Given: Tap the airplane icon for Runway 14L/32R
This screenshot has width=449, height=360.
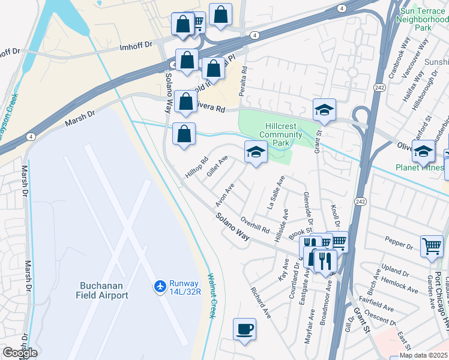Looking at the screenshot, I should pos(160,286).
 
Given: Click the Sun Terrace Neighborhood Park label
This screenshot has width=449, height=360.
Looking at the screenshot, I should pos(423,19).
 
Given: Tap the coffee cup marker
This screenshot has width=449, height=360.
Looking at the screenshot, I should pos(244,329).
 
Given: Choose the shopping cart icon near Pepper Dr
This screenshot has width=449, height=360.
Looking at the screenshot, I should pos(432,246).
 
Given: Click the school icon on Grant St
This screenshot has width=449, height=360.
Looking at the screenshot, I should pos(324,110).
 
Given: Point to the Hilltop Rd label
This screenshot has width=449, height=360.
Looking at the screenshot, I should pos(196,167).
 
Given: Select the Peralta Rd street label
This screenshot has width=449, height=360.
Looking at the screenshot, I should pos(244,78).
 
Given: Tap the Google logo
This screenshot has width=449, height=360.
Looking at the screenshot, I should pos(19,353).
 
